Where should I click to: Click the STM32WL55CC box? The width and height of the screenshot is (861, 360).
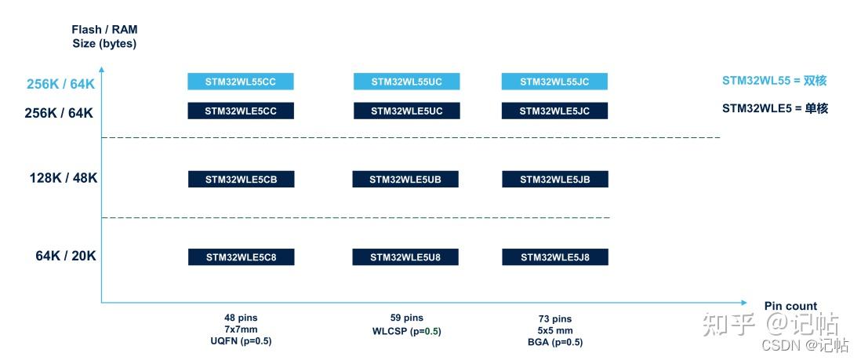pyautogui.click(x=241, y=82)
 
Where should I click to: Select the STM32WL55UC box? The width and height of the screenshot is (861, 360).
pyautogui.click(x=406, y=82)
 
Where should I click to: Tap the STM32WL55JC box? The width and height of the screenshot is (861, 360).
pyautogui.click(x=554, y=82)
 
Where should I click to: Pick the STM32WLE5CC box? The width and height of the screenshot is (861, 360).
pyautogui.click(x=241, y=111)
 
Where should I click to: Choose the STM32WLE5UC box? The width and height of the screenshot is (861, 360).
pyautogui.click(x=406, y=111)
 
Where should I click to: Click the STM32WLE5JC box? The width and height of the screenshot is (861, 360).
pyautogui.click(x=554, y=111)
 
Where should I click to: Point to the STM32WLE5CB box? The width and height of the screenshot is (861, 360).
pyautogui.click(x=241, y=180)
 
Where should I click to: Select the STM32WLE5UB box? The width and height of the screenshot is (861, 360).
pyautogui.click(x=405, y=180)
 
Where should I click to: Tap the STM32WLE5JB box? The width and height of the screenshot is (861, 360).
pyautogui.click(x=555, y=180)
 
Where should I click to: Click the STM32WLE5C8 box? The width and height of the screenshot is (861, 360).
pyautogui.click(x=241, y=257)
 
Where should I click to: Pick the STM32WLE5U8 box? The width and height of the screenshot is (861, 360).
pyautogui.click(x=405, y=257)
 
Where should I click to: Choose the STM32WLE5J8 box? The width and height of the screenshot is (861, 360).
pyautogui.click(x=555, y=257)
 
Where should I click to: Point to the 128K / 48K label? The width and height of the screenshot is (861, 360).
pyautogui.click(x=63, y=178)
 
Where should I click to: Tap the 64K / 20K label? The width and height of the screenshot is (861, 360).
pyautogui.click(x=65, y=256)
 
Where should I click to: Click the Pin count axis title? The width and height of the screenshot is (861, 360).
pyautogui.click(x=790, y=306)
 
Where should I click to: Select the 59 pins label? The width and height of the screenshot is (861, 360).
pyautogui.click(x=406, y=318)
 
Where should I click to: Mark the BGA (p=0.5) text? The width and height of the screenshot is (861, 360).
pyautogui.click(x=555, y=343)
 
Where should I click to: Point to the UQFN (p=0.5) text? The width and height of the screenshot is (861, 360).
pyautogui.click(x=241, y=341)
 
